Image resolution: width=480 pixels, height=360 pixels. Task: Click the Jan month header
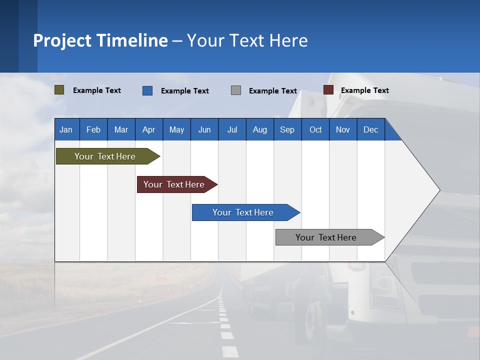[x=66, y=129]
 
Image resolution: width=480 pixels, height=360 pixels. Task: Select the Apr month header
[x=148, y=129]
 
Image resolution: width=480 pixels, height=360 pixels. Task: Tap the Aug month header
[x=259, y=129]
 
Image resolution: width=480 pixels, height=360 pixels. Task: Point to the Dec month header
[x=370, y=129]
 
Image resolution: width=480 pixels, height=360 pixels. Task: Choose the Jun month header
[x=204, y=129]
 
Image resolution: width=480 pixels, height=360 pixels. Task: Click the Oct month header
[x=315, y=129]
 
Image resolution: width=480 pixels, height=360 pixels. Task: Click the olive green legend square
[x=59, y=90]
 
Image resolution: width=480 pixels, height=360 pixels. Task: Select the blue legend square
[x=147, y=90]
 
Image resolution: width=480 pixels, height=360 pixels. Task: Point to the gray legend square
[x=236, y=90]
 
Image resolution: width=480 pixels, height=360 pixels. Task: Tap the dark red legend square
[x=328, y=90]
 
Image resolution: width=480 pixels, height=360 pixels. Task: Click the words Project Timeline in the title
[x=100, y=40]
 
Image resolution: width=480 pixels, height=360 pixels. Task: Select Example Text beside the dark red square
[x=364, y=90]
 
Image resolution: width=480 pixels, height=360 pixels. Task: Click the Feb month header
[x=93, y=129]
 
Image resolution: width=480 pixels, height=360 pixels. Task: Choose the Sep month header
[x=287, y=129]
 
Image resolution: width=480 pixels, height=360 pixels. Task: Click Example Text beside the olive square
[x=96, y=90]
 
